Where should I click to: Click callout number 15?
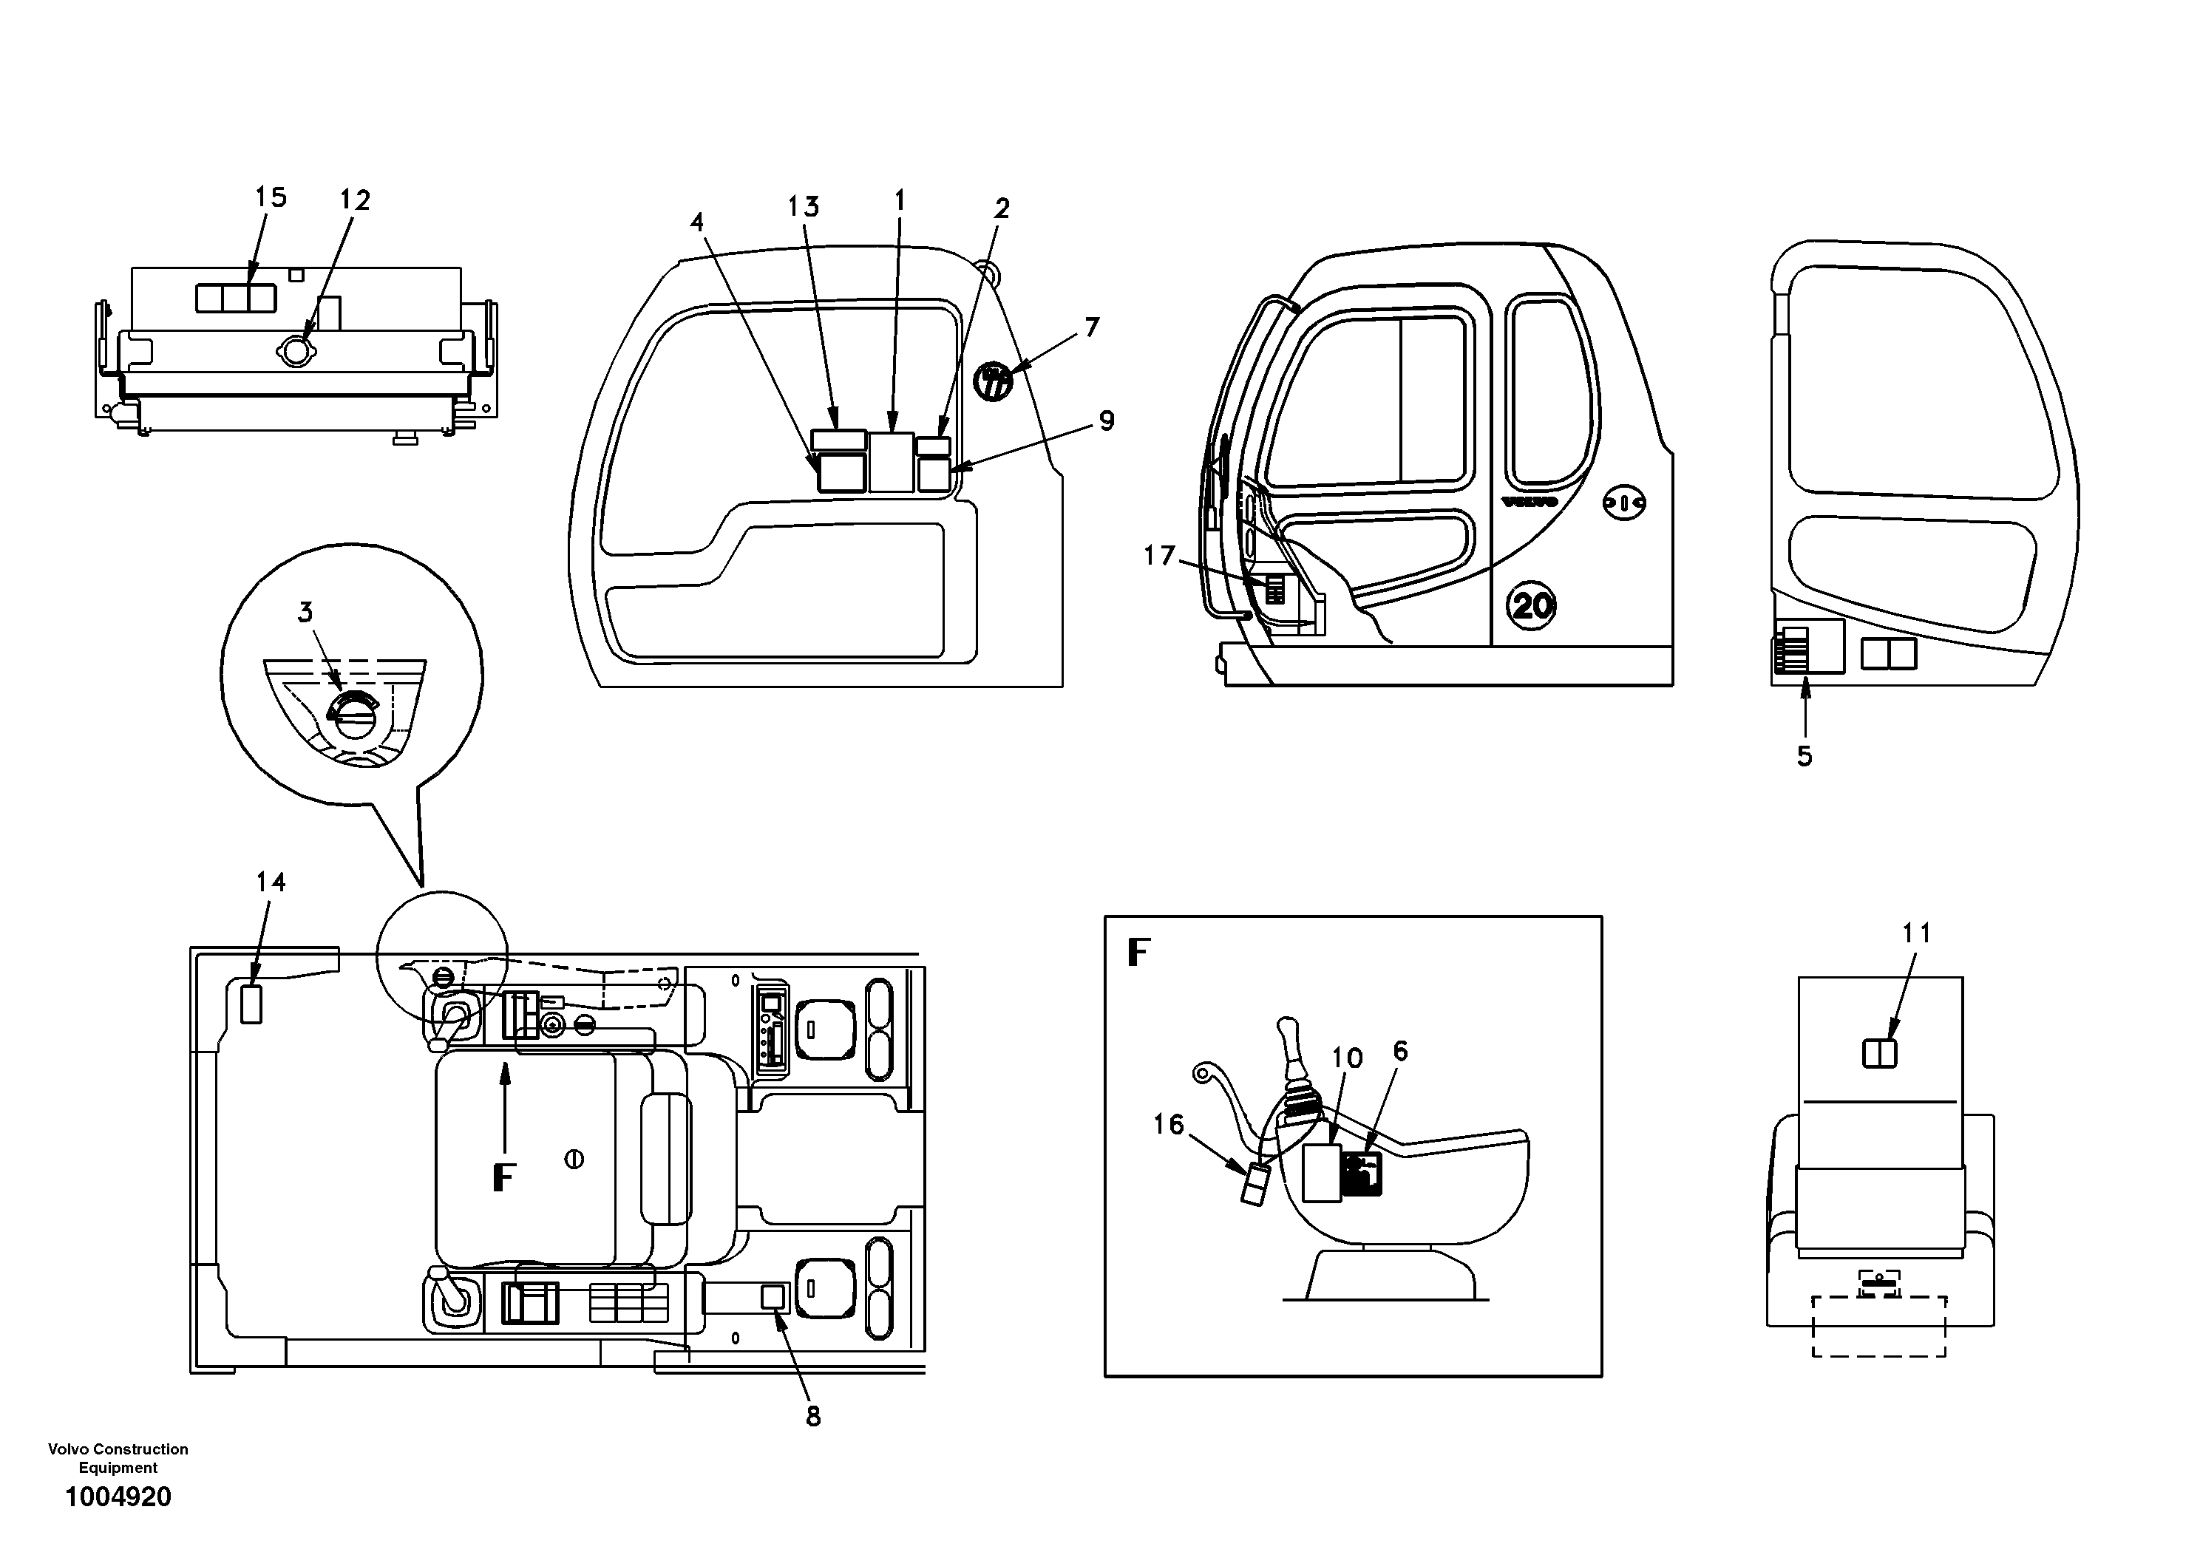pos(271,197)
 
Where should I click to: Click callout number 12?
pos(355,200)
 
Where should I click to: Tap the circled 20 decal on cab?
pos(1531,605)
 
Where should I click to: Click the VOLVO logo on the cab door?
pos(1530,502)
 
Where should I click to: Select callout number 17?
pos(1158,556)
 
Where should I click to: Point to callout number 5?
pos(1805,756)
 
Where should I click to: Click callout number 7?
pos(1093,327)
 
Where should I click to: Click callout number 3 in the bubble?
pos(305,612)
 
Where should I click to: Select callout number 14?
pos(271,882)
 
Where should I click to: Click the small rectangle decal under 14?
pos(251,1004)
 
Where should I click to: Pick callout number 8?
pos(812,1417)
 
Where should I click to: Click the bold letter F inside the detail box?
pos(1138,953)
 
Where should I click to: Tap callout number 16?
pos(1168,1124)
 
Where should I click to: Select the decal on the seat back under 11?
pos(1879,1054)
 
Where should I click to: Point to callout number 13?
pos(803,207)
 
